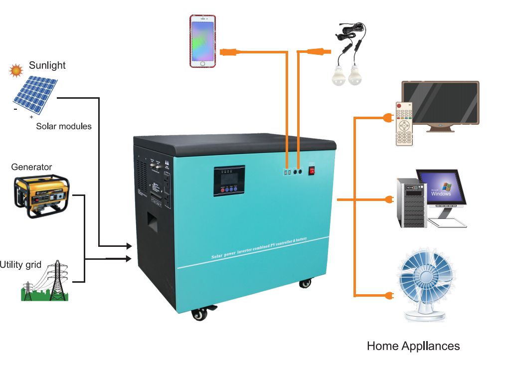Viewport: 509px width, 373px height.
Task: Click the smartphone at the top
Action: click(x=202, y=41)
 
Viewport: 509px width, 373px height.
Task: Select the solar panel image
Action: click(x=35, y=95)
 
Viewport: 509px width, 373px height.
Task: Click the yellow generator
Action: click(x=42, y=196)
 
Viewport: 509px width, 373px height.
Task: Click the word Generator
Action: click(x=31, y=167)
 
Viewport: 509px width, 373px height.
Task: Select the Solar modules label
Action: click(x=64, y=127)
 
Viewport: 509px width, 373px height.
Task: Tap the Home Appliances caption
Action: click(x=413, y=346)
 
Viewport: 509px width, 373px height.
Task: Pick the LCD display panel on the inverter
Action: click(x=229, y=177)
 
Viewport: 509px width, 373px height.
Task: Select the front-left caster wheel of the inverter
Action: click(x=200, y=314)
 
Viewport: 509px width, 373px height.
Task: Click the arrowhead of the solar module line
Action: click(x=129, y=246)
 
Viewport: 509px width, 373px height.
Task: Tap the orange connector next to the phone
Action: click(x=230, y=51)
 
